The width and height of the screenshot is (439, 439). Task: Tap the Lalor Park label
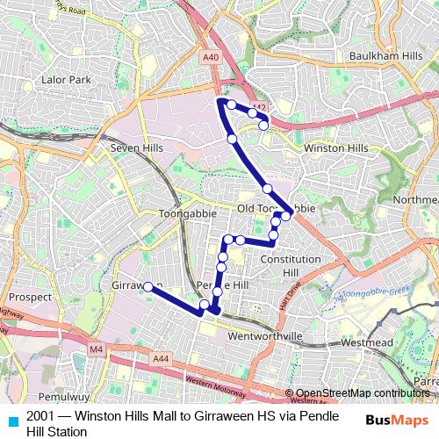pyautogui.click(x=66, y=80)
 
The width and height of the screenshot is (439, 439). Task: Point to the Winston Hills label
pyautogui.click(x=335, y=148)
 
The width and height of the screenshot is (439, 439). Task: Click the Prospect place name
pyautogui.click(x=31, y=298)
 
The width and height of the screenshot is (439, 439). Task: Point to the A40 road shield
pyautogui.click(x=210, y=57)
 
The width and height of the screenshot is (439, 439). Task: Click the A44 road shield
pyautogui.click(x=160, y=359)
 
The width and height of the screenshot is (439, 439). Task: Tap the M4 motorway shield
pyautogui.click(x=96, y=349)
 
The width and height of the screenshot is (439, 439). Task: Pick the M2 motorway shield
pyautogui.click(x=259, y=108)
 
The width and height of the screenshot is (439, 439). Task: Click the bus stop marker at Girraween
pyautogui.click(x=148, y=285)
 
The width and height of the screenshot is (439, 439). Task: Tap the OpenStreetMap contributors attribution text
pyautogui.click(x=361, y=392)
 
